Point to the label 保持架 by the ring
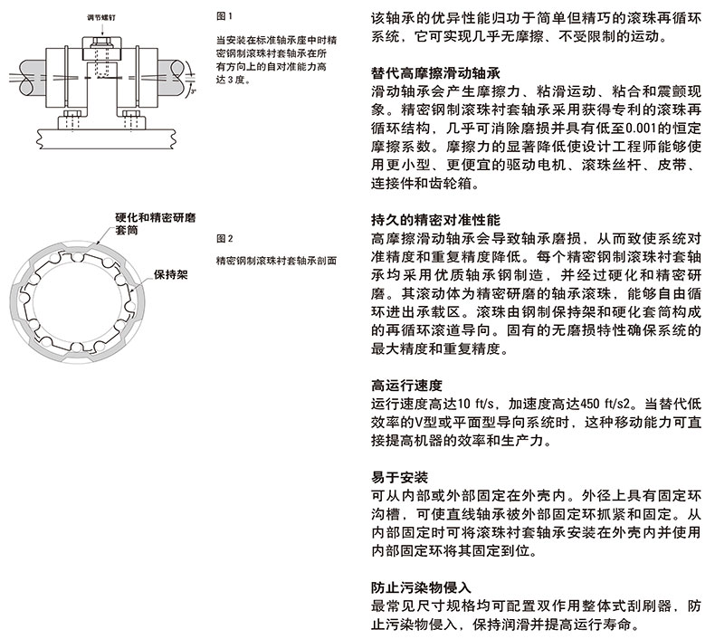[x=170, y=273]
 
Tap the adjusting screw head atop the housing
[x=98, y=43]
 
